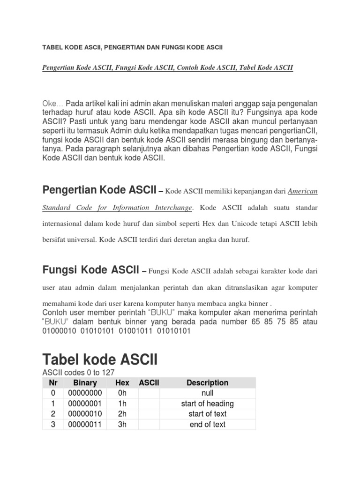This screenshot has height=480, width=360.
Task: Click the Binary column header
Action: (x=85, y=382)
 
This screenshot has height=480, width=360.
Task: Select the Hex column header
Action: (x=122, y=382)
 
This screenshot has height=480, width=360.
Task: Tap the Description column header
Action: (x=207, y=382)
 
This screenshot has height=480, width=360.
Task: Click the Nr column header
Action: (x=53, y=382)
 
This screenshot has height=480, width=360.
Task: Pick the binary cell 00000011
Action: (x=85, y=424)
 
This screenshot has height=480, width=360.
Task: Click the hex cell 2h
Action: (x=122, y=414)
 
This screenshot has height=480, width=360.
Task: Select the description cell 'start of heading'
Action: (x=207, y=404)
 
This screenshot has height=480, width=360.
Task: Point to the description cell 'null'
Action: (x=207, y=393)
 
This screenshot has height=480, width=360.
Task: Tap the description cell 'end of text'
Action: (x=207, y=424)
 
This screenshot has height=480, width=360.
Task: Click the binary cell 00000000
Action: (x=85, y=393)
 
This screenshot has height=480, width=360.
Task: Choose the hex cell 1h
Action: (x=122, y=404)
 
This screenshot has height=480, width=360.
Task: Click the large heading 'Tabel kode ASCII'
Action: (x=100, y=360)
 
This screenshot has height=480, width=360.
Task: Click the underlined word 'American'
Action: (x=302, y=191)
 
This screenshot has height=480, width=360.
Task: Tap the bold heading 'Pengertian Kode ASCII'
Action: (x=99, y=190)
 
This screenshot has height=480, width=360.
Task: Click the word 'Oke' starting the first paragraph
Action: (x=50, y=103)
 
